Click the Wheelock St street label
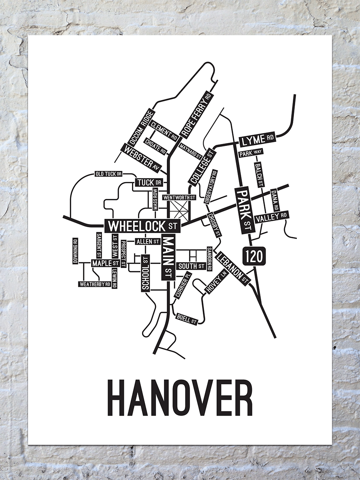coord(143,226)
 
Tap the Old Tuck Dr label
coord(108,174)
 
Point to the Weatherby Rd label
coord(94,284)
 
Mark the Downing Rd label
coord(75,251)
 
